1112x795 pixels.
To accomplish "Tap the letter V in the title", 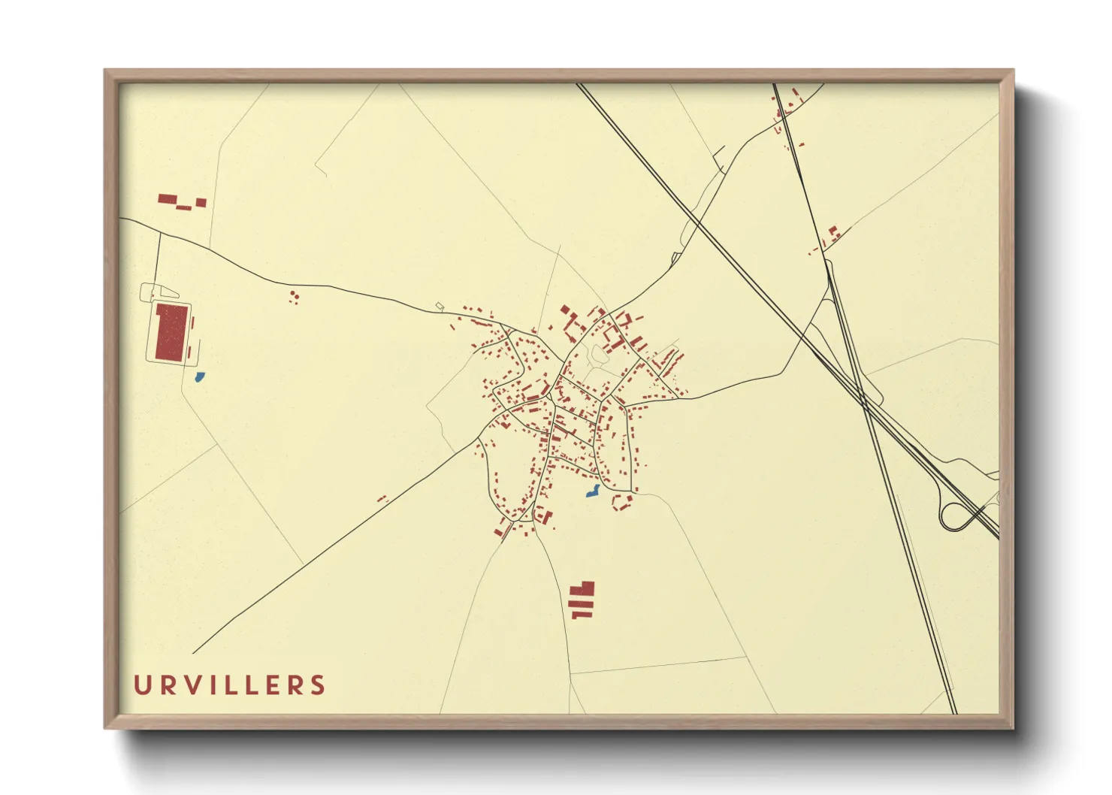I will tap(195, 685).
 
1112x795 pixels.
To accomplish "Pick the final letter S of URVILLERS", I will tap(319, 685).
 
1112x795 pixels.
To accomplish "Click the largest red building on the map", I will tap(171, 332).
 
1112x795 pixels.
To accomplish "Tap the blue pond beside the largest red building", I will tap(199, 376).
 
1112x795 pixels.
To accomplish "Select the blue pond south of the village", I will tap(593, 491).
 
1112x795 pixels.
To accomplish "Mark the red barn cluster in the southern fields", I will tap(582, 600).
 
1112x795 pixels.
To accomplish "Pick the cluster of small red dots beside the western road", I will tap(295, 297).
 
